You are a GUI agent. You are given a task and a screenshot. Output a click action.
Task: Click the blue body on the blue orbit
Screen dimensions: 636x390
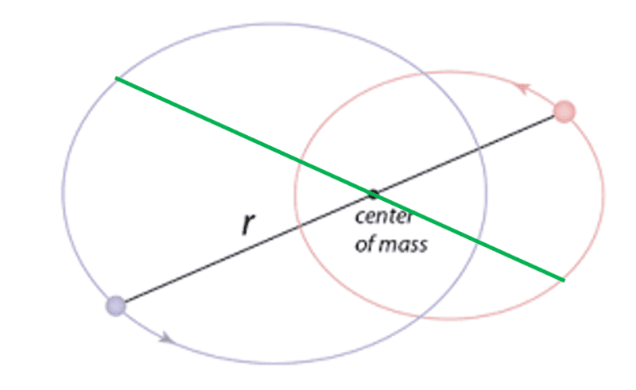[116, 306]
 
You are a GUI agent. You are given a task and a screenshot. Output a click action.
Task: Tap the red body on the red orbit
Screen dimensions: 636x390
[564, 111]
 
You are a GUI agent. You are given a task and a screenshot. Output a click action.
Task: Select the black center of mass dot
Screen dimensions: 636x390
[373, 194]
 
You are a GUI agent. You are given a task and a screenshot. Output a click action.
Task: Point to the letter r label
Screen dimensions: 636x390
[248, 223]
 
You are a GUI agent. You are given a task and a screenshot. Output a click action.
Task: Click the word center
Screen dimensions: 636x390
[384, 217]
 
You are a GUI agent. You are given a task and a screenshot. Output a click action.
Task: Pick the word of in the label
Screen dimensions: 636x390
[364, 244]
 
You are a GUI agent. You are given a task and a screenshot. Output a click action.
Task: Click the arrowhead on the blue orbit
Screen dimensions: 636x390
[166, 338]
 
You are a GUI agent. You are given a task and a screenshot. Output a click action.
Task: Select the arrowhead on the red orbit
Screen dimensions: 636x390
[523, 87]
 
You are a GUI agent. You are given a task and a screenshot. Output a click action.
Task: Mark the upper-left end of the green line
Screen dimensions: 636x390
[116, 78]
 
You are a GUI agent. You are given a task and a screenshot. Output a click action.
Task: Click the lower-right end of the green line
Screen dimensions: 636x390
[564, 280]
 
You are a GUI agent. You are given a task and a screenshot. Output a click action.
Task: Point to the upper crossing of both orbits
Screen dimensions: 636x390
[423, 73]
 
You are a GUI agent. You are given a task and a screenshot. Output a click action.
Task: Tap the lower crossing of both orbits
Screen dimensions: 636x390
[422, 317]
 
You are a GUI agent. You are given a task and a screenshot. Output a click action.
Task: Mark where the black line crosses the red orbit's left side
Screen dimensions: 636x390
[298, 227]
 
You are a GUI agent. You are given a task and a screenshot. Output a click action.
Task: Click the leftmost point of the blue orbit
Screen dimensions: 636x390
[63, 193]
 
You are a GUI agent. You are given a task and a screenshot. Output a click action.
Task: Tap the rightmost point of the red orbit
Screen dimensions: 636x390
[604, 195]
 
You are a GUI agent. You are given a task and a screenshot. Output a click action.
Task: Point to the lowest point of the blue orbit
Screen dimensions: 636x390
[275, 363]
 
